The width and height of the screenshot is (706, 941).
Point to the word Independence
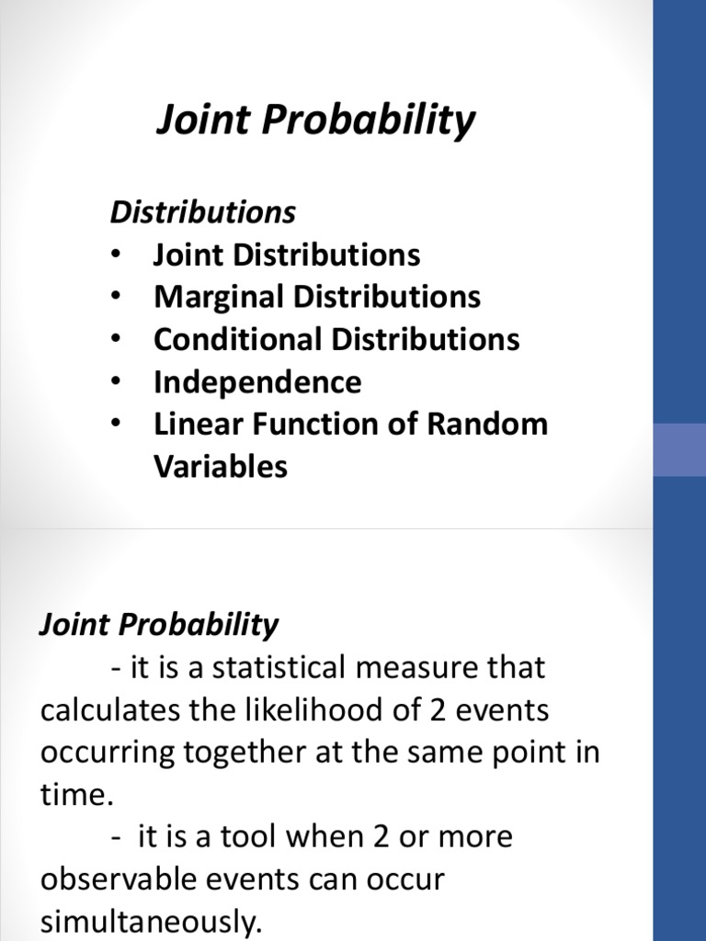pyautogui.click(x=257, y=381)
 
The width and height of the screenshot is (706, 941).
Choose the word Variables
pyautogui.click(x=221, y=466)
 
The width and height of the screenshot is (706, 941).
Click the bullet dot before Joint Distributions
pyautogui.click(x=115, y=255)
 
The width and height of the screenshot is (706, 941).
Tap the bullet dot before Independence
pyautogui.click(x=115, y=381)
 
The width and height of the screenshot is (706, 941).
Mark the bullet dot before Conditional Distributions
pyautogui.click(x=115, y=339)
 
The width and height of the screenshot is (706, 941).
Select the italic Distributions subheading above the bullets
pyautogui.click(x=203, y=212)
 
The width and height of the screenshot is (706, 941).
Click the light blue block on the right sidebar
pyautogui.click(x=679, y=449)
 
